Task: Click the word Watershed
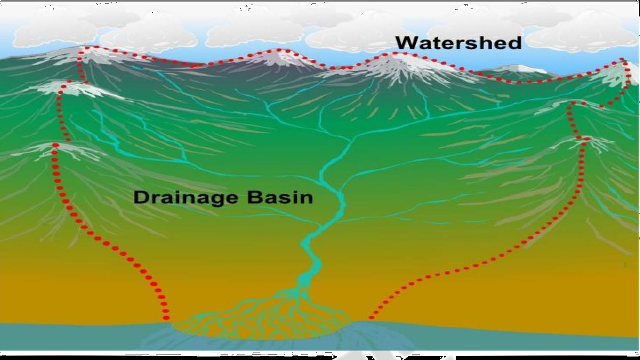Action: coord(458,43)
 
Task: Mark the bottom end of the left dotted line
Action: coord(166,317)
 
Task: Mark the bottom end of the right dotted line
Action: coord(370,317)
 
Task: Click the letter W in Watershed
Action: coord(406,43)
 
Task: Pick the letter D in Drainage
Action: coord(141,197)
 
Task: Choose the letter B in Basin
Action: coord(253,197)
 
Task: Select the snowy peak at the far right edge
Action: coord(623,67)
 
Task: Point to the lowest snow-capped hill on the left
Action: coord(55,147)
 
